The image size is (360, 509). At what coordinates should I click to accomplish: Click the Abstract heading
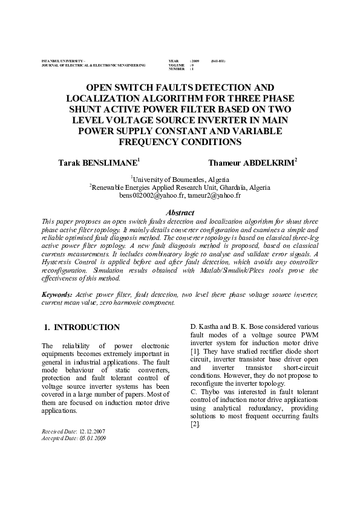[180, 213]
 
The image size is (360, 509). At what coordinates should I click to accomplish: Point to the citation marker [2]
[195, 424]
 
